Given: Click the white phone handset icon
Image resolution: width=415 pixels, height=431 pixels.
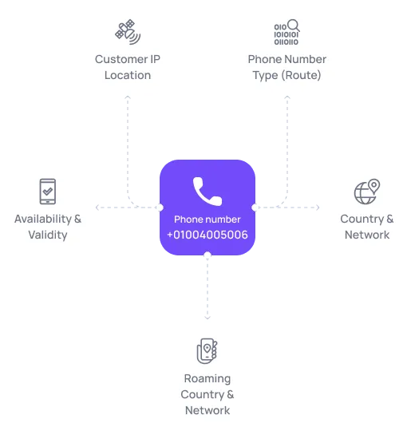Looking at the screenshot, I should point(207,189).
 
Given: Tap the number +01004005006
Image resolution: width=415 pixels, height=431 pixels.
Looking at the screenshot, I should point(207,235).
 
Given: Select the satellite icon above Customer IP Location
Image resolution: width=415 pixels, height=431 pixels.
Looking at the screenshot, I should point(127,32).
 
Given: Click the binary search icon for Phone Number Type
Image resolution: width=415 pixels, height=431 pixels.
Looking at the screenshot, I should point(287,32).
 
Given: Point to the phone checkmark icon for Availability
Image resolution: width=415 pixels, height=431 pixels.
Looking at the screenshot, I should point(47,192).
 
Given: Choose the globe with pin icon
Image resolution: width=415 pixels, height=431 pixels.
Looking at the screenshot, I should point(366,192).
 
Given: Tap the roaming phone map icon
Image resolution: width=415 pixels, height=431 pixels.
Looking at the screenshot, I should point(207,351).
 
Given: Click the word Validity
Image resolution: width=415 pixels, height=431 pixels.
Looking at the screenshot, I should point(47,235).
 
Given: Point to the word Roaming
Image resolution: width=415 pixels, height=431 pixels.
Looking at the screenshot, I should point(207,378).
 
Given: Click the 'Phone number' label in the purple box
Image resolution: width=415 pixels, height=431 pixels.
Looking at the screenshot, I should point(207,219).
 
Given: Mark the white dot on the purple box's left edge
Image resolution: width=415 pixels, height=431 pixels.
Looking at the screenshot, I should point(159,208).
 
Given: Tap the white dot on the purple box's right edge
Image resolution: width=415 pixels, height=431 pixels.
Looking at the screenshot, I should point(255,208).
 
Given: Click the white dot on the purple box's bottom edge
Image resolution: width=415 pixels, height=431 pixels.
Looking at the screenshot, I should point(207,256).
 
